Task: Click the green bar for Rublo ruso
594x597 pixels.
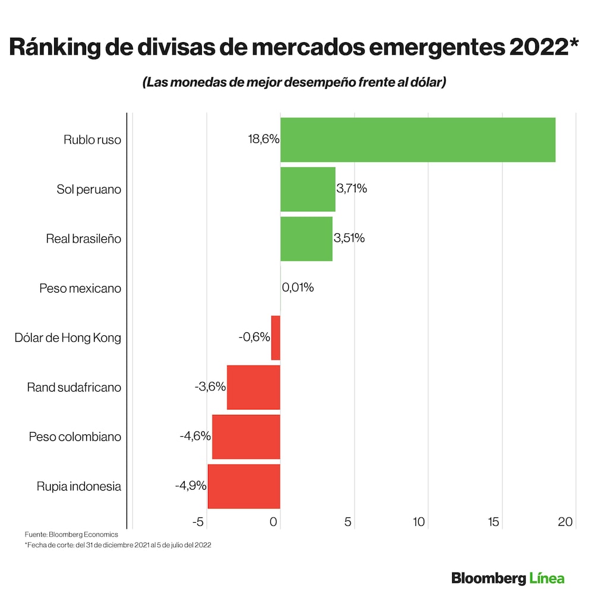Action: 418,140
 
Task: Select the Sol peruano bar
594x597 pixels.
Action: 308,189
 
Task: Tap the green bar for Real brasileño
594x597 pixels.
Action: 306,239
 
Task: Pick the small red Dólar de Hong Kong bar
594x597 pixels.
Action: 276,338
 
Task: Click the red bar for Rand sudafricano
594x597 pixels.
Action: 254,388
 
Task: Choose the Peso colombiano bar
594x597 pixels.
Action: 246,437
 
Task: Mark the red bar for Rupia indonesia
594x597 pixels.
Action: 244,486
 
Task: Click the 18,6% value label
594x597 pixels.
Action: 263,140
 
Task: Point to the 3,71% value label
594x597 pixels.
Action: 352,189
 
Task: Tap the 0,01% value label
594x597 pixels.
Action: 298,288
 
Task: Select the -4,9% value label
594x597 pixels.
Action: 191,486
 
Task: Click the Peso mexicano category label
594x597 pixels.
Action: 80,288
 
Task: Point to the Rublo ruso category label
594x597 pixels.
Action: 92,141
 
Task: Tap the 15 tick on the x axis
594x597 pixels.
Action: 493,522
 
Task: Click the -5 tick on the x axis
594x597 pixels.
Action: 198,522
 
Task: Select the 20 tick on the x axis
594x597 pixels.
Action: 565,522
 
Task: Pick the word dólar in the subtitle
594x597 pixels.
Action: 424,82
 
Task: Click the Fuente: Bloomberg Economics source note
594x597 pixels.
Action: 71,535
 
